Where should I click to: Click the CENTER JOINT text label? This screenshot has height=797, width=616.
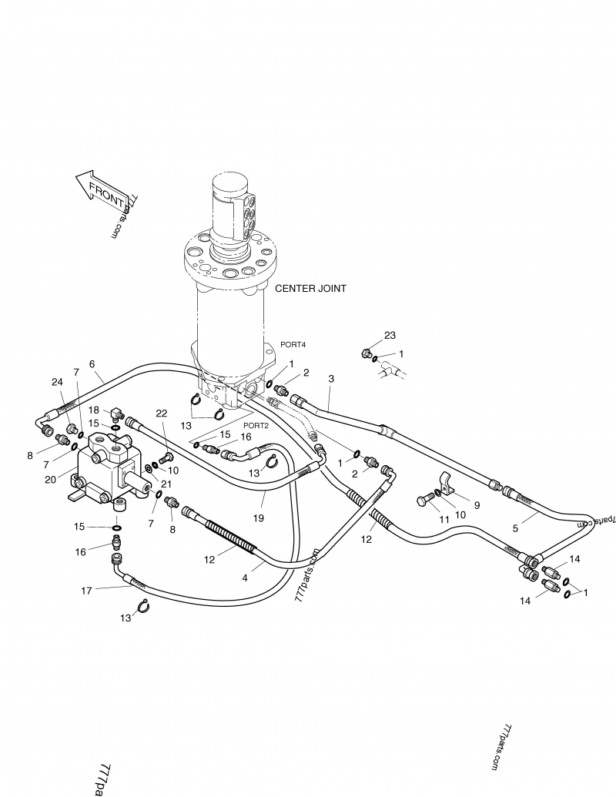tap(310, 289)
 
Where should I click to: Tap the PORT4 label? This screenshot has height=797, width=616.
tap(293, 345)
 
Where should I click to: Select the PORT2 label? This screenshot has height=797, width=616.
tap(256, 424)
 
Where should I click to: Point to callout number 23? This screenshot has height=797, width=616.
tap(390, 335)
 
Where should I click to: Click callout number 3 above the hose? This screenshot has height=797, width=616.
tap(331, 379)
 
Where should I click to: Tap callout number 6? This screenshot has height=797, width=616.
tap(92, 363)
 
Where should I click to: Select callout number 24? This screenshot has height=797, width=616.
tap(57, 382)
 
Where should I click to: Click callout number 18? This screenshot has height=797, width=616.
tap(94, 410)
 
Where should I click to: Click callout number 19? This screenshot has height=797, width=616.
tap(259, 518)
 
